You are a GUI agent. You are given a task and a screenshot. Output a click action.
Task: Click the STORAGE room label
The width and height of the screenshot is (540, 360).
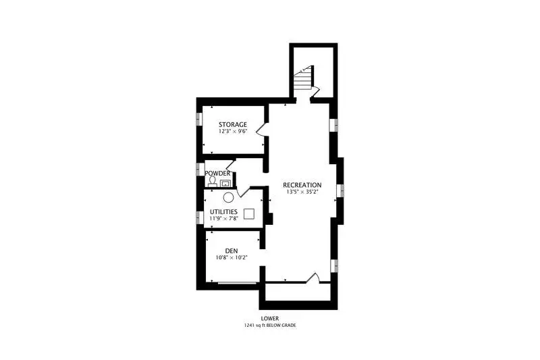point(233,124)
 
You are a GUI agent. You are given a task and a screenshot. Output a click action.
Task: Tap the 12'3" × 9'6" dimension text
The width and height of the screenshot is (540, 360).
point(233,131)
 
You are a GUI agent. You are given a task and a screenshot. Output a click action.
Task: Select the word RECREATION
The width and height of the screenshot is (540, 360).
point(302,185)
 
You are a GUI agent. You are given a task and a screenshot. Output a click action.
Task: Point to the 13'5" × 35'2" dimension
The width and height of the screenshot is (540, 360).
point(302,192)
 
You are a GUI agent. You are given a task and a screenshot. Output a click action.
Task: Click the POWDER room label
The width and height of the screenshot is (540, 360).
point(217,173)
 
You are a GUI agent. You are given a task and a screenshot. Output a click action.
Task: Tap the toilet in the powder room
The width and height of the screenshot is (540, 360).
point(213,182)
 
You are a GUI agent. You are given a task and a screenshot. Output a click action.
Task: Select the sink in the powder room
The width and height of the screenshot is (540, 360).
point(225,183)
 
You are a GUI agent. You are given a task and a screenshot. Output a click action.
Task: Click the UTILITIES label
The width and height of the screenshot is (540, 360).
point(223,211)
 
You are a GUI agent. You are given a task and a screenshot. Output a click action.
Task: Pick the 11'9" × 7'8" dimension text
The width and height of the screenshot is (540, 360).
point(223,218)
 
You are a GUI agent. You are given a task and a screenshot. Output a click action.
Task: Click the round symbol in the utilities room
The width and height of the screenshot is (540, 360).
point(228,197)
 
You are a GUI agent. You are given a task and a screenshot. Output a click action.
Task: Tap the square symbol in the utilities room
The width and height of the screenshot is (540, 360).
point(249,213)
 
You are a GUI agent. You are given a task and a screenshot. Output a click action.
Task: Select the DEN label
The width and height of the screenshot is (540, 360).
point(232,251)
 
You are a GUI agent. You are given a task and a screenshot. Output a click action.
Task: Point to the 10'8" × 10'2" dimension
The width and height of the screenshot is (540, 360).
point(232,257)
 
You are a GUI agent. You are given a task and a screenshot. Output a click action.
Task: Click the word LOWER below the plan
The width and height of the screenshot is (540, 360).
point(269,319)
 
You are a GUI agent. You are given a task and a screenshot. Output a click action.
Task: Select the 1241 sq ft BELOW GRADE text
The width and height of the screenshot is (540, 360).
point(269,325)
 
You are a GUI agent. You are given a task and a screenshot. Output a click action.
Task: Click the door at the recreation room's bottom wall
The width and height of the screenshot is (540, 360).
point(313,278)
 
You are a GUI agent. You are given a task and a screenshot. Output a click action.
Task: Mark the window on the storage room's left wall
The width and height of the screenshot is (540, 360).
point(198,120)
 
